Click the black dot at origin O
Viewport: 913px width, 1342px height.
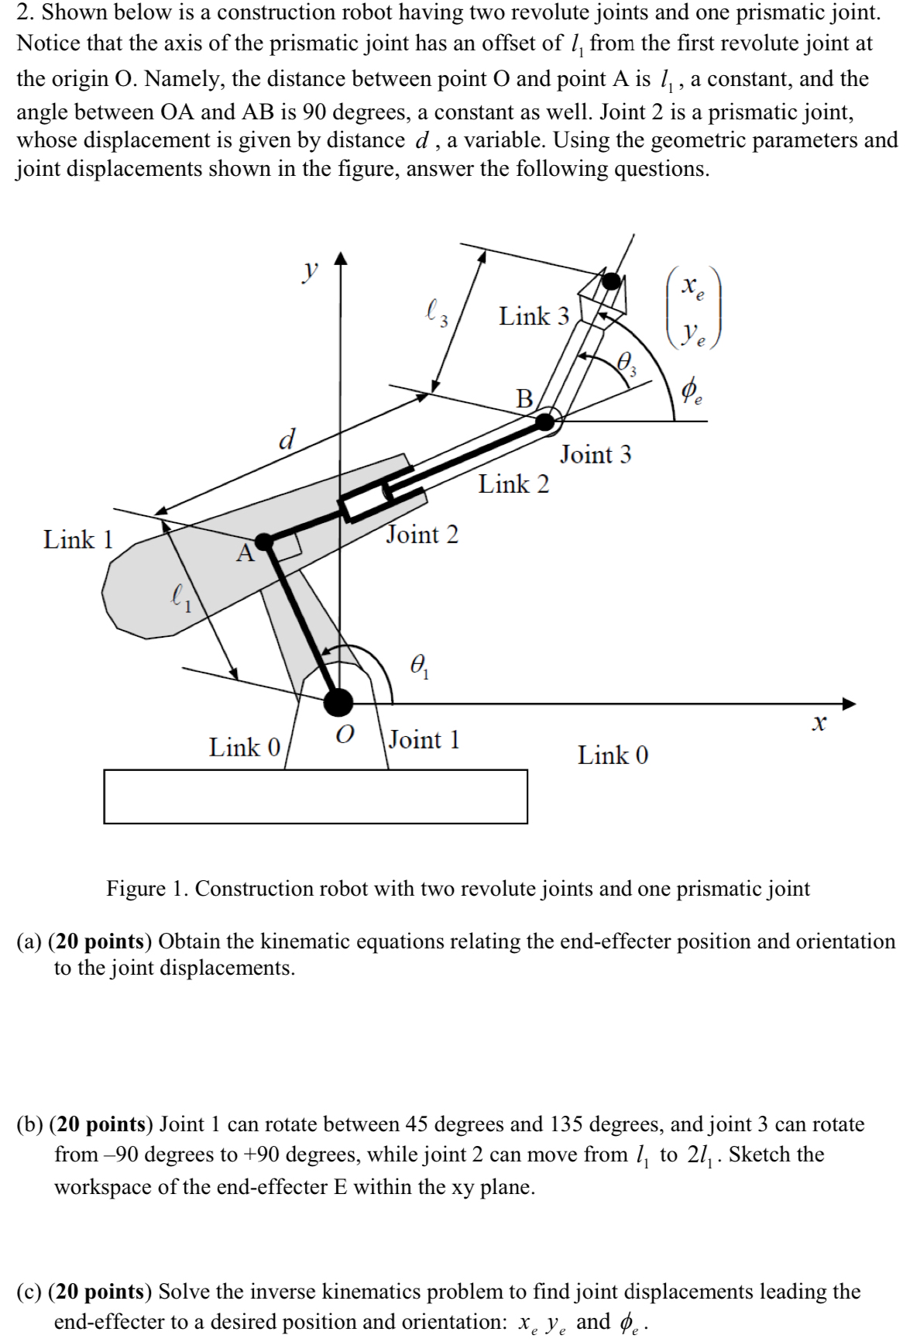(x=338, y=702)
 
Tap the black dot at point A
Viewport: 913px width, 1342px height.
(x=265, y=541)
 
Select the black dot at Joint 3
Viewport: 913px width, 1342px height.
(x=545, y=422)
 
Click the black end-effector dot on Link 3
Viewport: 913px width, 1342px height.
(x=612, y=281)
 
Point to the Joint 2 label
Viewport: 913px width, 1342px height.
(x=422, y=535)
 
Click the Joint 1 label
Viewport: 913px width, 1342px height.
(x=424, y=740)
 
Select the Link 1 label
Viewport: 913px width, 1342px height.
(x=78, y=539)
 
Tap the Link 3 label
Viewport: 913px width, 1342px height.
(x=534, y=316)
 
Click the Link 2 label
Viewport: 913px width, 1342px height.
(x=513, y=484)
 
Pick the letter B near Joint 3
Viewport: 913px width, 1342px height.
(x=525, y=398)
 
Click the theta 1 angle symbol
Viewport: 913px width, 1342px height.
(x=420, y=666)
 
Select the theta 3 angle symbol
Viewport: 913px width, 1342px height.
(x=627, y=362)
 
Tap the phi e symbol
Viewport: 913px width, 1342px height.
(x=692, y=391)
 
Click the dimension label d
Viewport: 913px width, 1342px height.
(x=287, y=439)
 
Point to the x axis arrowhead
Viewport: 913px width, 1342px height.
(x=850, y=704)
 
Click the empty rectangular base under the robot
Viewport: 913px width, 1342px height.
(x=315, y=796)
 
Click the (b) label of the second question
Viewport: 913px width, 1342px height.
(x=29, y=1124)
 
